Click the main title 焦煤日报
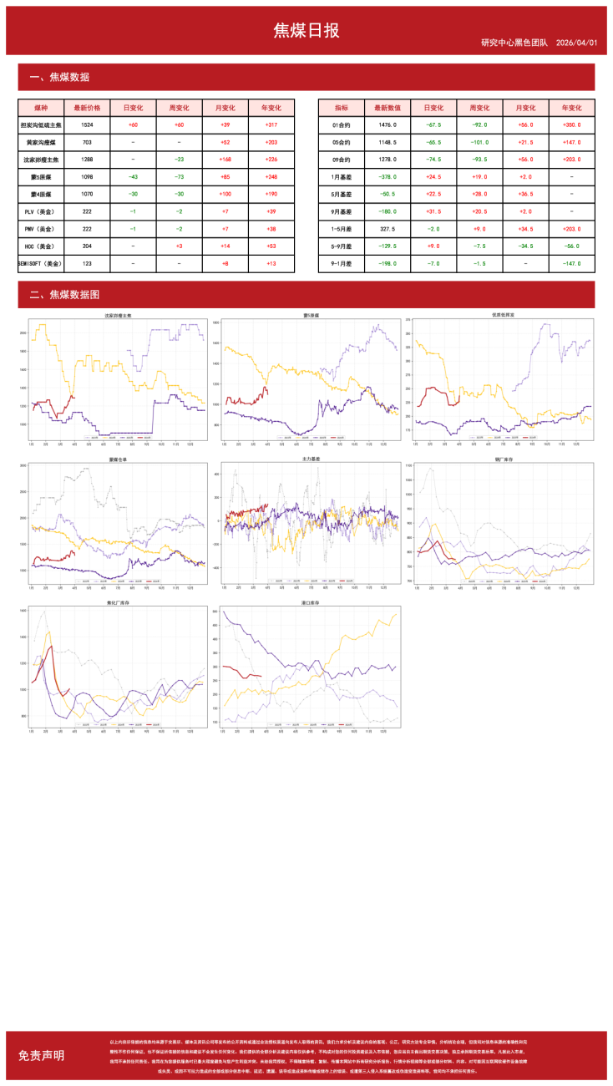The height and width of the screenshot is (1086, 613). [306, 31]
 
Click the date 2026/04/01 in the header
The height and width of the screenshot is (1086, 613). [577, 43]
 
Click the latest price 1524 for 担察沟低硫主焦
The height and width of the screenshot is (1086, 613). [88, 124]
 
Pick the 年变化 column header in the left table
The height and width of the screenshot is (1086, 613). [271, 108]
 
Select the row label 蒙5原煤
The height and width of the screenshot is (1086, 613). [41, 177]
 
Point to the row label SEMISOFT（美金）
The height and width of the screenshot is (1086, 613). [41, 263]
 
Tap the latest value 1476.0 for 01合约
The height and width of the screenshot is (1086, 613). [388, 124]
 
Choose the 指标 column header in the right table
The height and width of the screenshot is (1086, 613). [342, 108]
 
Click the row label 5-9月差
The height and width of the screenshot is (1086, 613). [342, 246]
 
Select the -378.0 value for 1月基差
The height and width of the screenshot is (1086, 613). [388, 177]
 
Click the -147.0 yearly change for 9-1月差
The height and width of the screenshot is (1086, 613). [571, 263]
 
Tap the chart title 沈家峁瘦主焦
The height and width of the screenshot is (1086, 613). [118, 316]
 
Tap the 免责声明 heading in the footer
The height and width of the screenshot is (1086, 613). [41, 1055]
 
